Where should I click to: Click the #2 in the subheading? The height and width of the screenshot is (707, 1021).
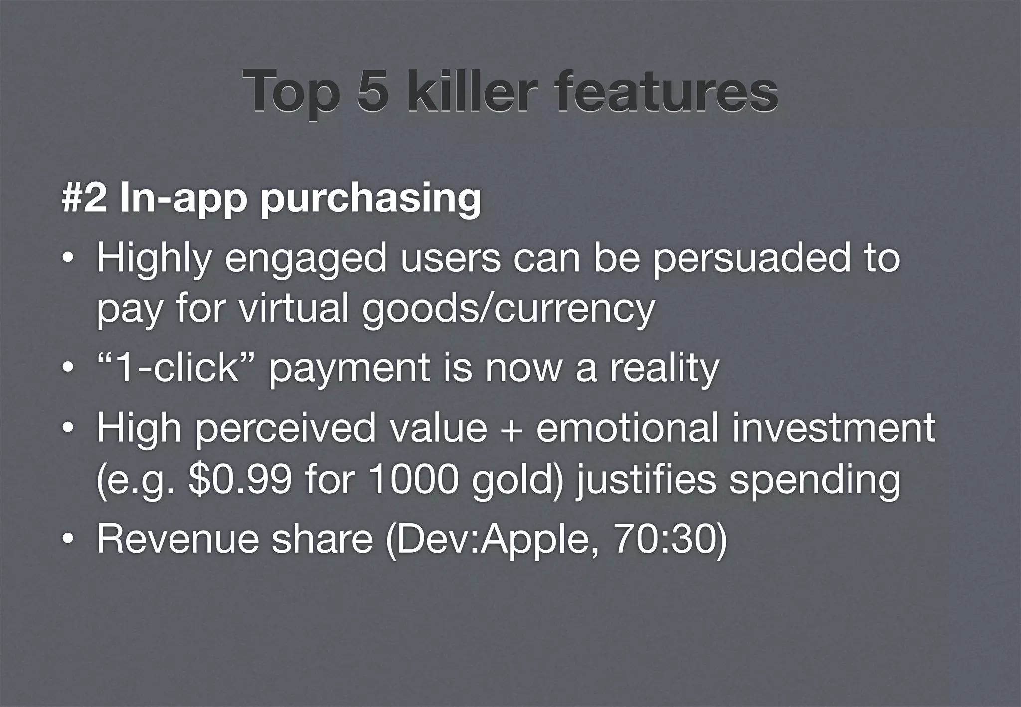(83, 198)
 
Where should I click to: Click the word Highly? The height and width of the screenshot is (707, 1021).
(154, 260)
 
